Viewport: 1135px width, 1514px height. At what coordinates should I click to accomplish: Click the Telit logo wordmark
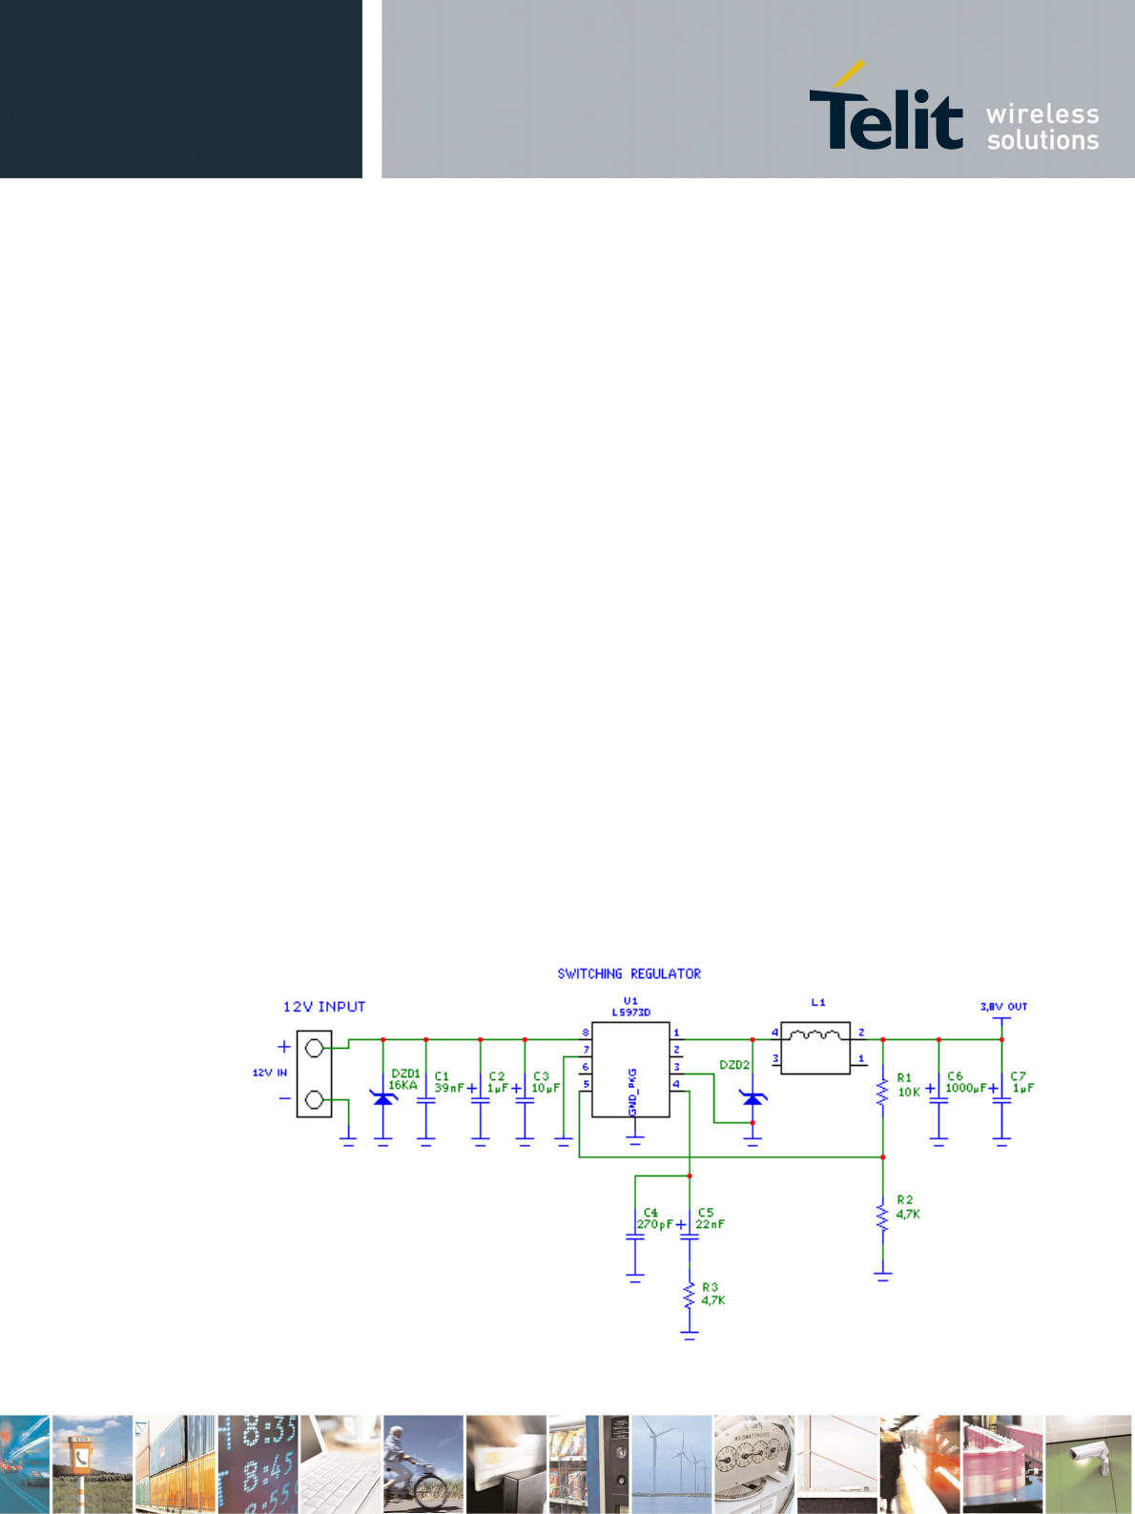coord(885,115)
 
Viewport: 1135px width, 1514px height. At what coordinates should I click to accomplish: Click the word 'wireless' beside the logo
coord(1042,114)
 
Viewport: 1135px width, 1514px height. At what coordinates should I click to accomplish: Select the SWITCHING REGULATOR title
coord(629,973)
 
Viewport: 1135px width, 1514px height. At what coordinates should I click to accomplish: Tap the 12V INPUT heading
coord(324,1007)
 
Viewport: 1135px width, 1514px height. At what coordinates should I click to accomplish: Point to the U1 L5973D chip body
coord(630,1069)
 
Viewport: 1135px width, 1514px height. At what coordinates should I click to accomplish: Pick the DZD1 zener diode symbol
coord(383,1099)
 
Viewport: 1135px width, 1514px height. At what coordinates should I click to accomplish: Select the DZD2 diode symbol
coord(753,1099)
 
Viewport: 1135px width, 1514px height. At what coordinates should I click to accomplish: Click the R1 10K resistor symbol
coord(882,1089)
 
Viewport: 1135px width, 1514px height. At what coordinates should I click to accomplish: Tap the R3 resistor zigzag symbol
coord(690,1297)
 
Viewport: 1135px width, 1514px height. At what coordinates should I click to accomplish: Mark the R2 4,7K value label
coord(908,1215)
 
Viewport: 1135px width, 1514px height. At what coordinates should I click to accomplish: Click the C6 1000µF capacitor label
coord(965,1083)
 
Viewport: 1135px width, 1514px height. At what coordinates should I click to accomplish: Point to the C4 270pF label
coord(654,1219)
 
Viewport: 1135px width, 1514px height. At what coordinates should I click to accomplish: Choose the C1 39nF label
coord(448,1083)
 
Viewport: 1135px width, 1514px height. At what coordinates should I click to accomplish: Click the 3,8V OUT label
coord(1003,1007)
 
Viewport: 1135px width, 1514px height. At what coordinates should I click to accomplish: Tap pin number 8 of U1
coord(586,1033)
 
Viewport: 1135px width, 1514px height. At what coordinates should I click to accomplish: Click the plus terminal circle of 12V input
coord(314,1048)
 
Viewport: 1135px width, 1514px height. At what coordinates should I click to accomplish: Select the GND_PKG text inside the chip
coord(632,1092)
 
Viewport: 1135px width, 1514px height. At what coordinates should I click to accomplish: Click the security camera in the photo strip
coord(1088,1456)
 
